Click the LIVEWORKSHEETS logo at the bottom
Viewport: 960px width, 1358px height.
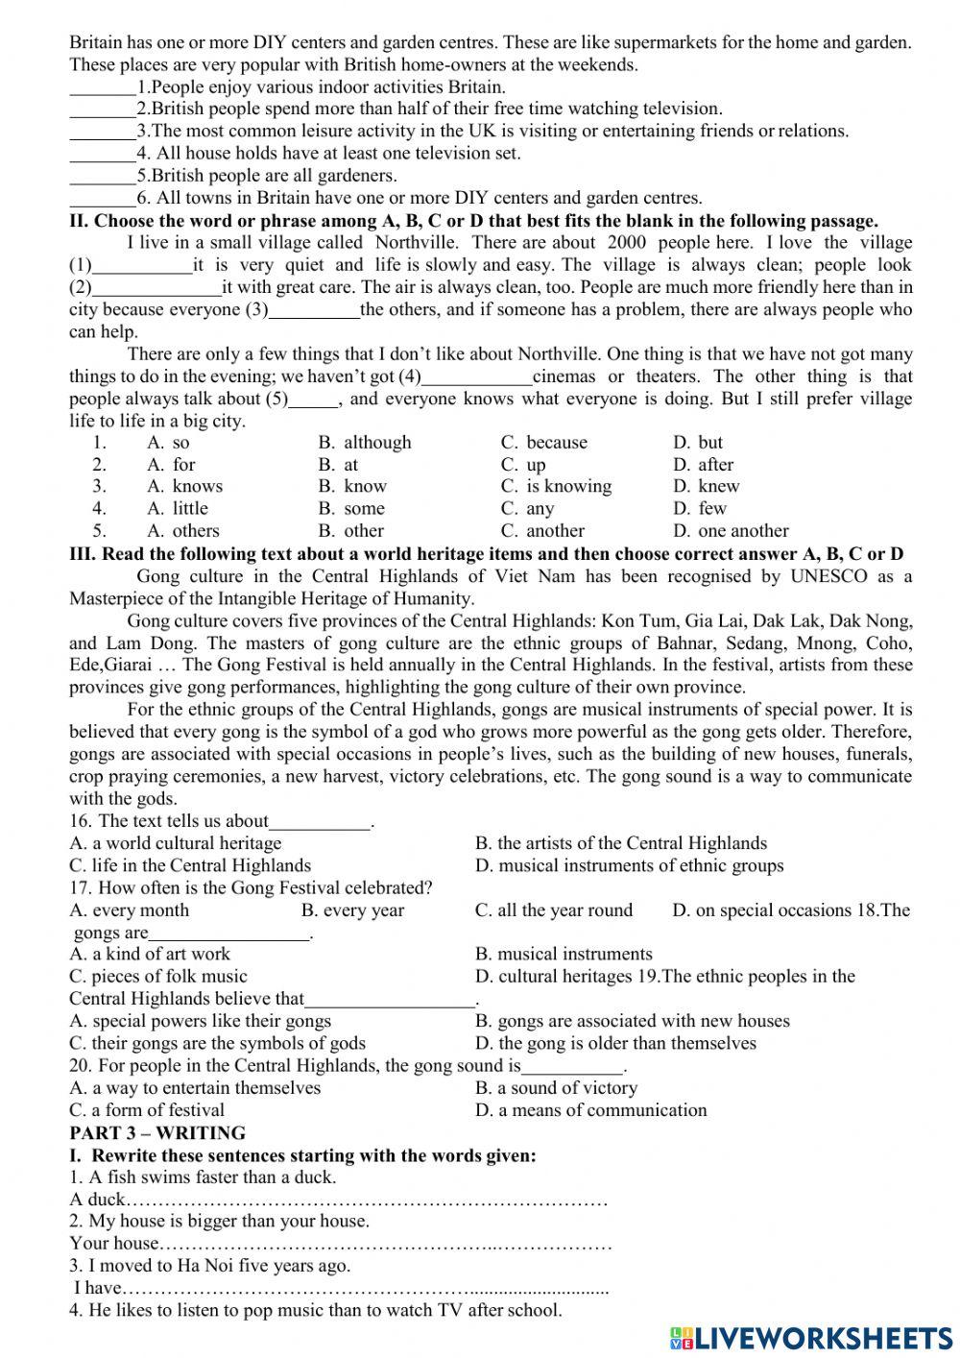click(x=811, y=1337)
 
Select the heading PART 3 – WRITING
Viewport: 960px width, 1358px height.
click(x=157, y=1132)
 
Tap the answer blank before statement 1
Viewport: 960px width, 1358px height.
click(x=102, y=87)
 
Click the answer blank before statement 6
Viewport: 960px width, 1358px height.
click(x=102, y=199)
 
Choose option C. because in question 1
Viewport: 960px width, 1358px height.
click(x=543, y=443)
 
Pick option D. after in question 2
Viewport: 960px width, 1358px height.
click(x=703, y=465)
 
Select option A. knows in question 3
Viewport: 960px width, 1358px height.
click(x=184, y=487)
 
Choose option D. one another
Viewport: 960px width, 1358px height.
click(x=731, y=531)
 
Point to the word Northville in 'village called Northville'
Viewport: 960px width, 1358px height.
click(x=417, y=243)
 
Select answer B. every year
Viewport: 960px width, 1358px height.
click(x=352, y=910)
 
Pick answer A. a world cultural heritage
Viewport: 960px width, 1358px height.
click(x=176, y=843)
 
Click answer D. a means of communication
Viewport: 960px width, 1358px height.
click(x=590, y=1110)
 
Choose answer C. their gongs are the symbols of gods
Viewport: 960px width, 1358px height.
click(x=217, y=1043)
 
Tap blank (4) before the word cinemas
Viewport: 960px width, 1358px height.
click(x=477, y=377)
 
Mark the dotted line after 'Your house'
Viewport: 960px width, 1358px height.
click(x=384, y=1244)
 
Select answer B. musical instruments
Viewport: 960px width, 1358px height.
click(x=564, y=955)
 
